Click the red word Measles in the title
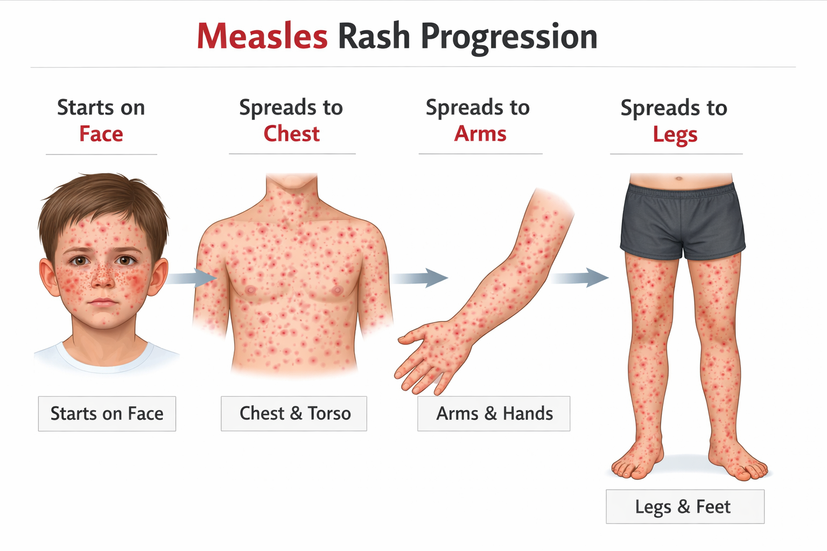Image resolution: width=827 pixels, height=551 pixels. point(262,37)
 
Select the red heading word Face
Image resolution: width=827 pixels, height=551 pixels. point(101,134)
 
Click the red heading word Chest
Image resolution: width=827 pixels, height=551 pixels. point(291,134)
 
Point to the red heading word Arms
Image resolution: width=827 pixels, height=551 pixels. point(480,134)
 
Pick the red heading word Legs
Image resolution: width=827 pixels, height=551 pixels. point(675,135)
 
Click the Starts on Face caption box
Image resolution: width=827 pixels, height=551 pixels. point(107,413)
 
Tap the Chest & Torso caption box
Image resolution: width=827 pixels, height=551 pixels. point(294,413)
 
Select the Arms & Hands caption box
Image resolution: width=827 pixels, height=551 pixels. point(494,413)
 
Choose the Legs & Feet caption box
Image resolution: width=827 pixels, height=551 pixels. point(684,506)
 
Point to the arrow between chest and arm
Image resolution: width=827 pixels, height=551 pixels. point(420,278)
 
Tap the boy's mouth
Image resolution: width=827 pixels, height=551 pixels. point(102,302)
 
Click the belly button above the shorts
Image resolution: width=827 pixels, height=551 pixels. point(679,178)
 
